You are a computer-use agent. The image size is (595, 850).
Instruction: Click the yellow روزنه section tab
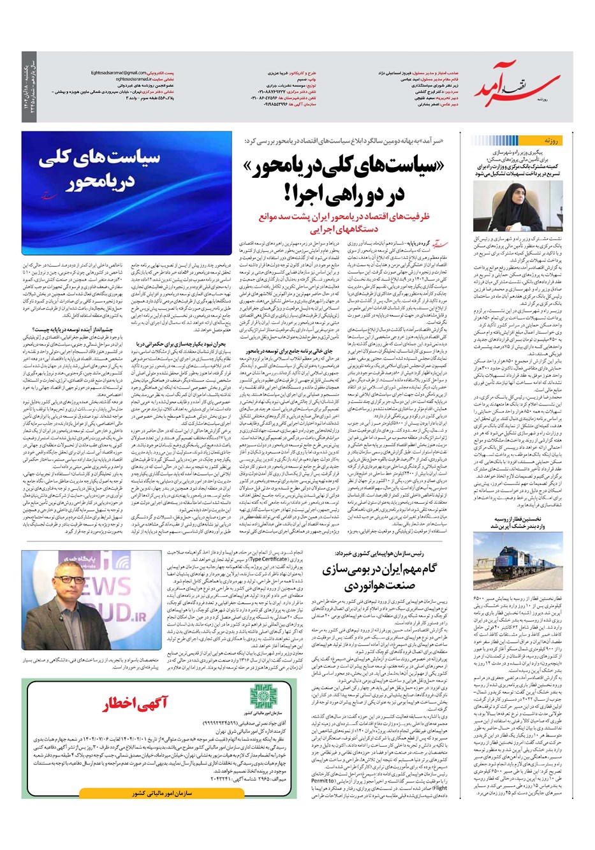click(x=550, y=140)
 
